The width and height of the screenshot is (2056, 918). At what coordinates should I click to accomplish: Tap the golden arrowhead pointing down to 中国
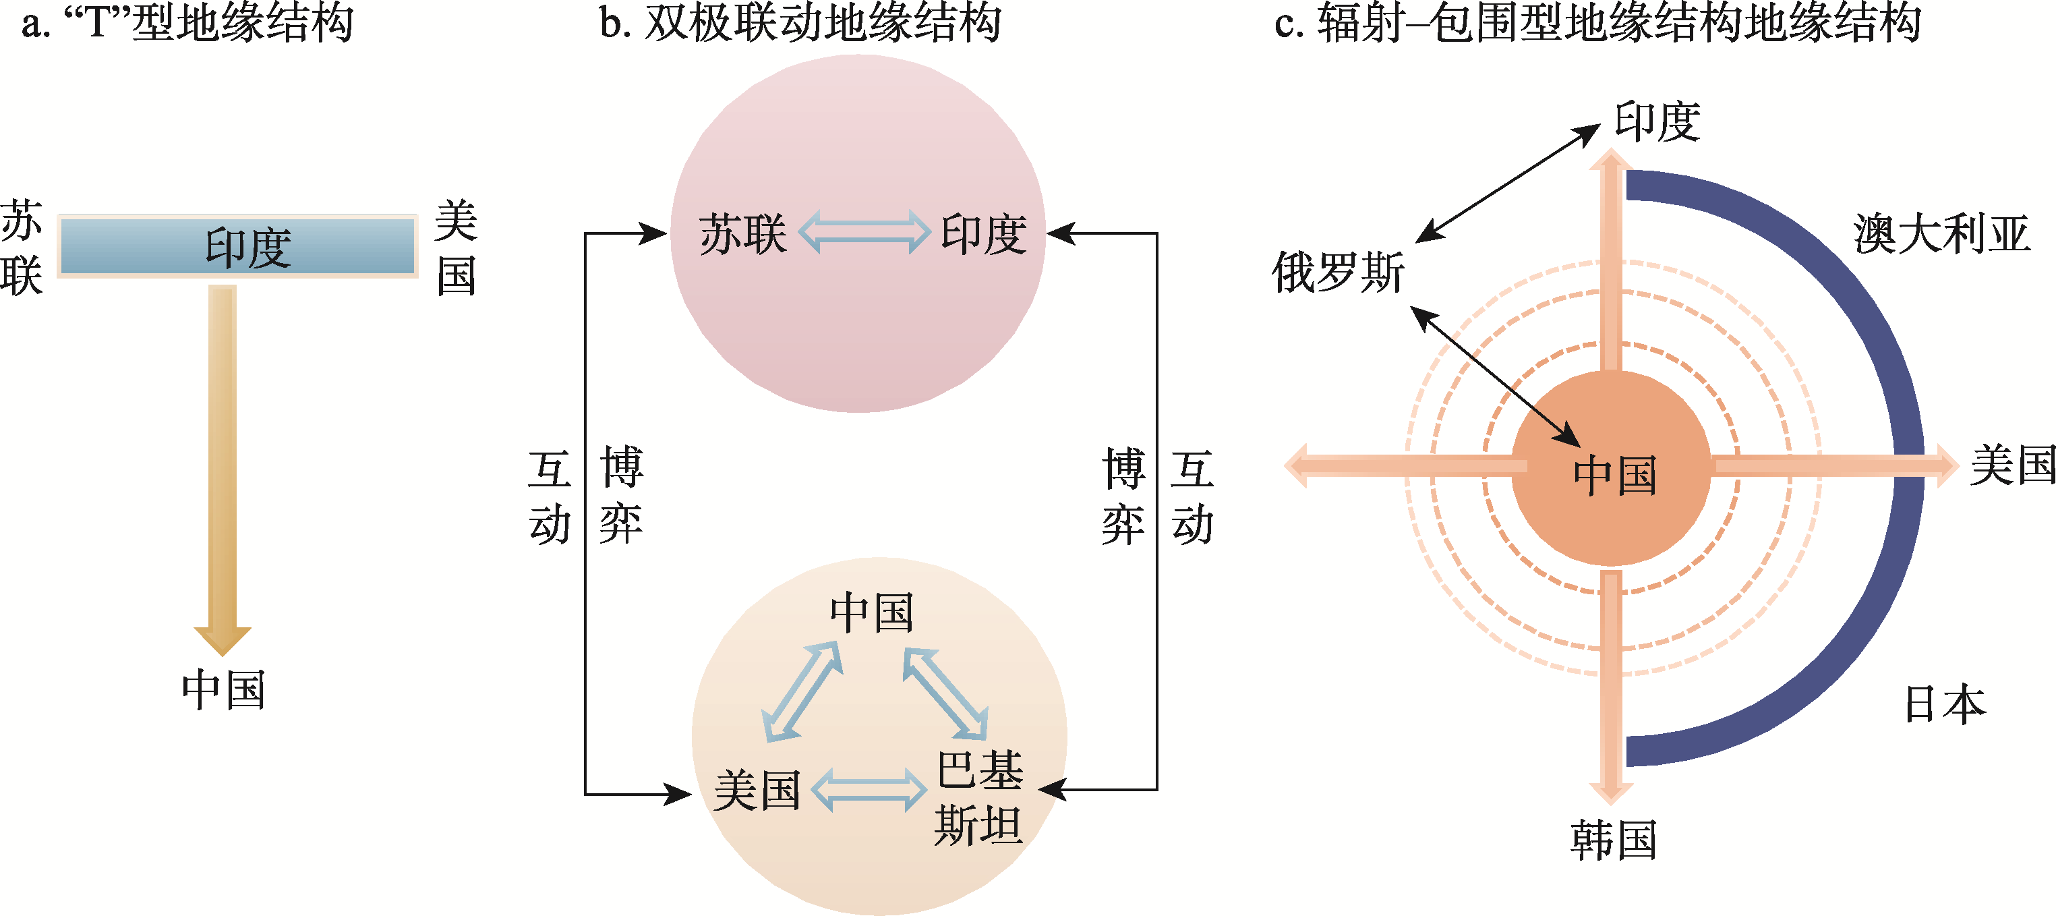pos(223,639)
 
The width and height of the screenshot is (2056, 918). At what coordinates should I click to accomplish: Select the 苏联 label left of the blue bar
pos(21,248)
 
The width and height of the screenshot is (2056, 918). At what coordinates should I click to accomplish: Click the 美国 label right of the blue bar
pos(457,248)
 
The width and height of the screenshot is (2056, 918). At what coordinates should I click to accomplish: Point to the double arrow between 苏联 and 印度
pos(864,232)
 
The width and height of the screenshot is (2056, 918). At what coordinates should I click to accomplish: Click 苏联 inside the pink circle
pos(743,234)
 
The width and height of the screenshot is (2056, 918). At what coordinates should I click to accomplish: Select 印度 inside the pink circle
pos(983,234)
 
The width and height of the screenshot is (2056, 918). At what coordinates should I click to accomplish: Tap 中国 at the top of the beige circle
pos(872,613)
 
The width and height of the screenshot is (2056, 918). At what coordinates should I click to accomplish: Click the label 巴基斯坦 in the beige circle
pos(979,797)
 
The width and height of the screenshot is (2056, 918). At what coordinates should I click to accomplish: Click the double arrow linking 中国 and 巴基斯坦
pos(946,693)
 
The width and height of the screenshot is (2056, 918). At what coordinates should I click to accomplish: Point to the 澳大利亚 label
pos(1941,234)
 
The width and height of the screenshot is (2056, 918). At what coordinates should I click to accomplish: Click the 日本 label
pos(1944,704)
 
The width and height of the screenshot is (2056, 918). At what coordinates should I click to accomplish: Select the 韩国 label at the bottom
pos(1613,840)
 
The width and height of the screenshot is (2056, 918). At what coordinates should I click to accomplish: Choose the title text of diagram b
pos(800,22)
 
